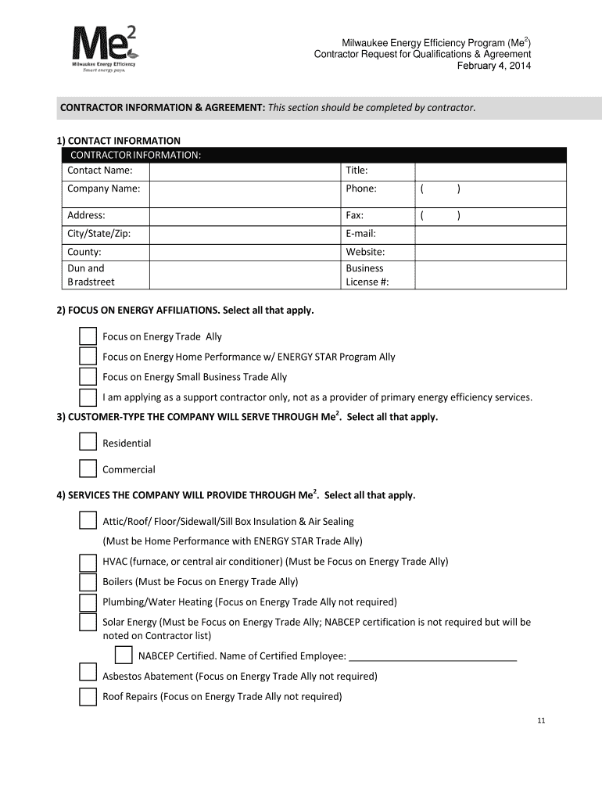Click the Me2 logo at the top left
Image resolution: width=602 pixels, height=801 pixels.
click(103, 52)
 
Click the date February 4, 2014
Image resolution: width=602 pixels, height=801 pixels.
click(493, 66)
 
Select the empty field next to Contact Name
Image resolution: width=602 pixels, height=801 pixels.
click(244, 171)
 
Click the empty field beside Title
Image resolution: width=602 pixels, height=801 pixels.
click(490, 171)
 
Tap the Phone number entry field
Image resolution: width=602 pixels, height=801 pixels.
click(490, 189)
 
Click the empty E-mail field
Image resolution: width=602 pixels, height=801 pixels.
click(490, 234)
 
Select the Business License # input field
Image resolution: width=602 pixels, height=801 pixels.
click(490, 275)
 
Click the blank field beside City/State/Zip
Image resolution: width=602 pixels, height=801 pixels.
click(244, 234)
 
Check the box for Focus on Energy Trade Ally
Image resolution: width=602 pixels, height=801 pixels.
click(88, 336)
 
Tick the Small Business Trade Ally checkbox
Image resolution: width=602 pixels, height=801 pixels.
click(88, 377)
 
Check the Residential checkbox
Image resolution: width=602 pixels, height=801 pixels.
click(88, 443)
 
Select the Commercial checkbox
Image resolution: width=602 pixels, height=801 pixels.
click(88, 469)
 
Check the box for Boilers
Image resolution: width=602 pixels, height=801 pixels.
click(88, 582)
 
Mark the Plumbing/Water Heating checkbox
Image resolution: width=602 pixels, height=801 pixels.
click(88, 602)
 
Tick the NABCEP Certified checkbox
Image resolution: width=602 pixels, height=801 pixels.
click(124, 656)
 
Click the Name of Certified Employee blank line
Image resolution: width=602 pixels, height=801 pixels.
click(432, 656)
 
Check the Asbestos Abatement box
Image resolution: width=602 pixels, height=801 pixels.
click(88, 676)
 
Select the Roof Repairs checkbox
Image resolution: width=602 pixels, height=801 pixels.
click(88, 697)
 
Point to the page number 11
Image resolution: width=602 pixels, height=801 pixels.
click(540, 721)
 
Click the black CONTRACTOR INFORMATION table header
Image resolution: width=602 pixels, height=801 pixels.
click(311, 155)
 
